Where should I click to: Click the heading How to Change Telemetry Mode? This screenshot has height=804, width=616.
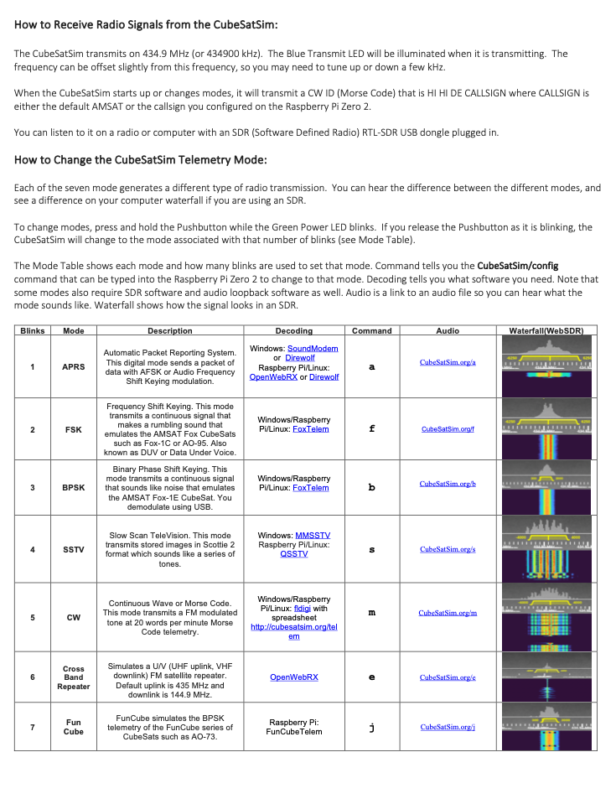coord(141,159)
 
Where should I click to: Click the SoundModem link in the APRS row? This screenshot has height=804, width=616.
coord(313,348)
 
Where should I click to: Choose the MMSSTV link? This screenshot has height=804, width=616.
coord(313,535)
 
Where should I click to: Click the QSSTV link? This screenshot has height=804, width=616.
coord(293,553)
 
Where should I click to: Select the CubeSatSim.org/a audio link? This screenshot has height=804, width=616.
coord(448,362)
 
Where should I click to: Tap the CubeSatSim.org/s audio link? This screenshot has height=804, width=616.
coord(448,549)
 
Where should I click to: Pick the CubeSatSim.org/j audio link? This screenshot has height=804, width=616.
coord(448,727)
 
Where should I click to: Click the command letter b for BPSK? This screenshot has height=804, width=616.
coord(372,487)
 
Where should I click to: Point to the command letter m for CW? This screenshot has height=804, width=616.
coord(372,613)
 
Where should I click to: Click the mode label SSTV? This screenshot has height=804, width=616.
coord(74,550)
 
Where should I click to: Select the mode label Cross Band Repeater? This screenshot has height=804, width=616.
coord(74,677)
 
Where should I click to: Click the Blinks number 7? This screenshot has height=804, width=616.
coord(33,727)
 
